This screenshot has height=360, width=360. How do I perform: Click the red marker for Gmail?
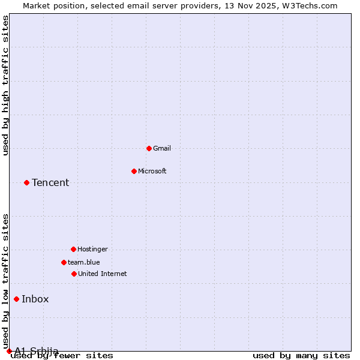[149, 148]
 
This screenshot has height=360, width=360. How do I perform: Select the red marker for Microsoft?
[134, 171]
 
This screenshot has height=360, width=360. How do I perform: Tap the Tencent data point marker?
[26, 182]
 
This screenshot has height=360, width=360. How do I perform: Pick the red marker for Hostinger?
[73, 249]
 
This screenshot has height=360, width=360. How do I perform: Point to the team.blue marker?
[64, 262]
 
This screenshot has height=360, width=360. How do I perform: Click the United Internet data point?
[74, 274]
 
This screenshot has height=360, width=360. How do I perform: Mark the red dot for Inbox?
[16, 299]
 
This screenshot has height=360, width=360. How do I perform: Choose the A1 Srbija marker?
[9, 351]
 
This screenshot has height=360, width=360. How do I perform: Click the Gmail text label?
[162, 148]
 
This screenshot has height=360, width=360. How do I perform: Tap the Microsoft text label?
[152, 171]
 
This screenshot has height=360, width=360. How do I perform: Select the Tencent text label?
[50, 182]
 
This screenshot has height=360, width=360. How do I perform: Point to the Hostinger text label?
[92, 249]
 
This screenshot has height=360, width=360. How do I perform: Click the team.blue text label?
[84, 262]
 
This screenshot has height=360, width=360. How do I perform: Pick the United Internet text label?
[103, 274]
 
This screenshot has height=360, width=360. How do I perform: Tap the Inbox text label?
[35, 299]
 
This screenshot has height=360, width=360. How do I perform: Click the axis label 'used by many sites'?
[301, 356]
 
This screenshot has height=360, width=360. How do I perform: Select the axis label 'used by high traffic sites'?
[6, 85]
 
